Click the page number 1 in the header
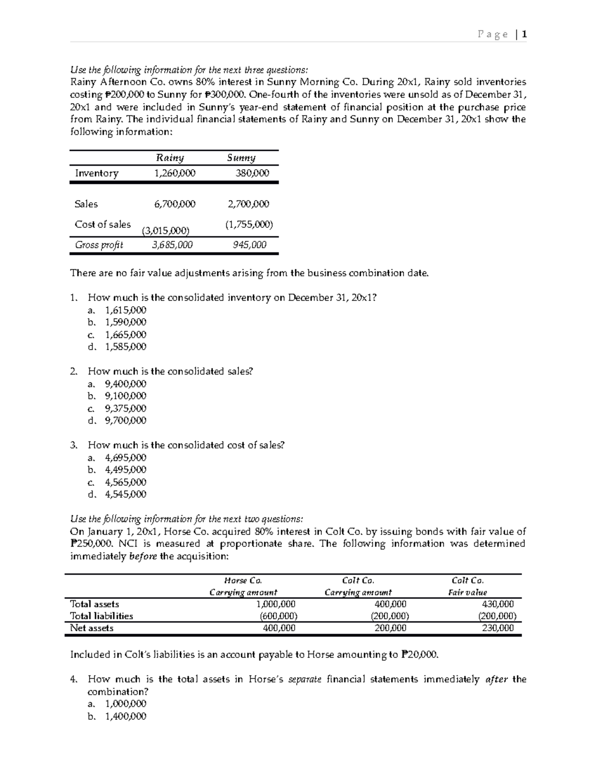(x=524, y=34)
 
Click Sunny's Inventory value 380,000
(x=252, y=173)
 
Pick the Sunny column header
(x=241, y=158)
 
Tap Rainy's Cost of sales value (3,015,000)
(x=165, y=230)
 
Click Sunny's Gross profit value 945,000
(x=250, y=245)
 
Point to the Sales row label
(x=86, y=204)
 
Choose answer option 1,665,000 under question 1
(x=126, y=334)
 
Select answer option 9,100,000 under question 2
(x=126, y=396)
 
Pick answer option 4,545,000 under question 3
(x=126, y=494)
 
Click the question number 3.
(x=74, y=445)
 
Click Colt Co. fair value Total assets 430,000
(x=498, y=604)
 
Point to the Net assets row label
(x=92, y=628)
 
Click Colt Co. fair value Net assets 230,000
(x=498, y=628)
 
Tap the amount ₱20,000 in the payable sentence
(x=419, y=655)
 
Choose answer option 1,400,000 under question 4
(x=126, y=716)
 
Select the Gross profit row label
(x=99, y=245)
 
